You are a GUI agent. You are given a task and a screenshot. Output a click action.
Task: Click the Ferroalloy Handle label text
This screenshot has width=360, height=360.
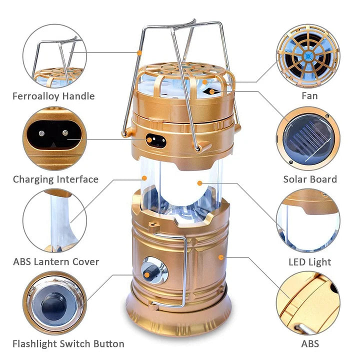tap(53, 96)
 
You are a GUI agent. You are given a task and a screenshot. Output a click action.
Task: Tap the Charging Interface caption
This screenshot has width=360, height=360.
tap(55, 179)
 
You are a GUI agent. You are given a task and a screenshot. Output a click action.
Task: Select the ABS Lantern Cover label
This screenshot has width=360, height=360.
tap(56, 261)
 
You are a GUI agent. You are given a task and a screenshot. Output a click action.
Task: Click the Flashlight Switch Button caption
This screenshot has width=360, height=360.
tap(68, 343)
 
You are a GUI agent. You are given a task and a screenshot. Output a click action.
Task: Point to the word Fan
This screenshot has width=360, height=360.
tap(310, 96)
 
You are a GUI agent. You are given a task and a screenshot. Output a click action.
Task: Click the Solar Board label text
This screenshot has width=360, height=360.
tap(310, 179)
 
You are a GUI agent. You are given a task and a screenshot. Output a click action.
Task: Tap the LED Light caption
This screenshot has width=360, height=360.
tap(310, 261)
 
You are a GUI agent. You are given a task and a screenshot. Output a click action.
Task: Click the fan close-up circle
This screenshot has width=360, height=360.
tap(308, 55)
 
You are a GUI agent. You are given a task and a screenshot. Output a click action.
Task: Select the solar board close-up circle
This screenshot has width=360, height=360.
tap(308, 138)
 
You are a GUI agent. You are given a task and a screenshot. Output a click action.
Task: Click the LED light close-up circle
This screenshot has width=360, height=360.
tap(308, 220)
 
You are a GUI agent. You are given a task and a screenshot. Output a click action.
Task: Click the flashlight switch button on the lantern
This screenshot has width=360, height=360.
tap(150, 271)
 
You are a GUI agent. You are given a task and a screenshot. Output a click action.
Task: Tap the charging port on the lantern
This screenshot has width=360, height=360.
tap(155, 140)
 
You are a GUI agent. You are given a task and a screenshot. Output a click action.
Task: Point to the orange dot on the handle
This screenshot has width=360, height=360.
tap(140, 51)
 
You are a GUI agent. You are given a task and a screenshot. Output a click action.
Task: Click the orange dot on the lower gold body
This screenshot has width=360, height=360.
tap(220, 257)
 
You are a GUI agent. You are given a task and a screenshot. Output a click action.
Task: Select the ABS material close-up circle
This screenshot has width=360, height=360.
tap(308, 302)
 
